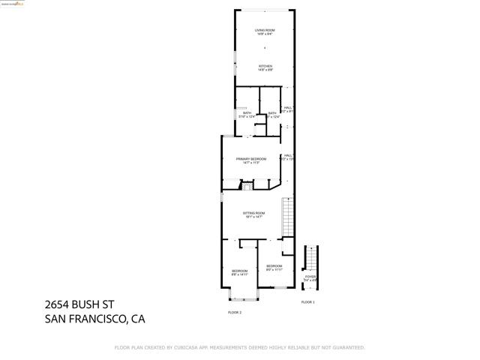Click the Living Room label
pyautogui.click(x=265, y=30)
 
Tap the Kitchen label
pyautogui.click(x=265, y=67)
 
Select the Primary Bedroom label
pyautogui.click(x=250, y=159)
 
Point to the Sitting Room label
pyautogui.click(x=254, y=214)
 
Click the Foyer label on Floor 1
pyautogui.click(x=310, y=277)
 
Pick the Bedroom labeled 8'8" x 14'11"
pyautogui.click(x=239, y=271)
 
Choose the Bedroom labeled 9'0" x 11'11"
pyautogui.click(x=274, y=266)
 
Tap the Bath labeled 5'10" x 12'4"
pyautogui.click(x=247, y=113)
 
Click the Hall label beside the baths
pyautogui.click(x=287, y=108)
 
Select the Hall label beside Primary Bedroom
pyautogui.click(x=287, y=156)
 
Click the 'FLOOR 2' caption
pyautogui.click(x=235, y=311)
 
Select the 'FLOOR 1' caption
pyautogui.click(x=307, y=301)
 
